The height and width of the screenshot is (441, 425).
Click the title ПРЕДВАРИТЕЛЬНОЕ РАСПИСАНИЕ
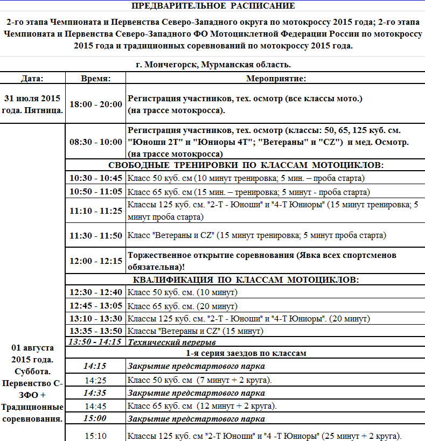[213, 6]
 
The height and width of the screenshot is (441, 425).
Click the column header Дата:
[32, 78]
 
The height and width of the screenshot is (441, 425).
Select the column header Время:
[96, 78]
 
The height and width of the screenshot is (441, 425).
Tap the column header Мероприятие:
[276, 78]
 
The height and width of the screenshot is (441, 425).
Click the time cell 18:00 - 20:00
[96, 104]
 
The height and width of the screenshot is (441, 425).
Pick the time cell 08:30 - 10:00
[96, 142]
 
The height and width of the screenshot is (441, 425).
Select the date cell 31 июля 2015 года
[32, 104]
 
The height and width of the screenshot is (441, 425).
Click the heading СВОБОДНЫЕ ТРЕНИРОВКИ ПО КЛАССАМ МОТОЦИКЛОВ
[246, 165]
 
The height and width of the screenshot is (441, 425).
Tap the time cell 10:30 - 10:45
[96, 178]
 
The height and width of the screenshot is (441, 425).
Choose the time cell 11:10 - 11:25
[96, 211]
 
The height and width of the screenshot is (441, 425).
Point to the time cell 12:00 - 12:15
[96, 261]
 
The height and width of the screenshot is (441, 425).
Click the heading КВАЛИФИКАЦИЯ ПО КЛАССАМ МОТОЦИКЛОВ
[246, 279]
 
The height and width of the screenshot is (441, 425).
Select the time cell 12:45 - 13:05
[96, 306]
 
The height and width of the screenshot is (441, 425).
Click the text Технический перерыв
[171, 342]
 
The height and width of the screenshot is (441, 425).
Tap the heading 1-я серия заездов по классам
[246, 353]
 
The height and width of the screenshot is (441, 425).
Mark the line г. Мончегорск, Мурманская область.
[213, 65]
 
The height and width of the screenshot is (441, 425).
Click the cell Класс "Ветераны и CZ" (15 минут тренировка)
[256, 235]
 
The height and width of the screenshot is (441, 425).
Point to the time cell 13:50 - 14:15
[95, 341]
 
